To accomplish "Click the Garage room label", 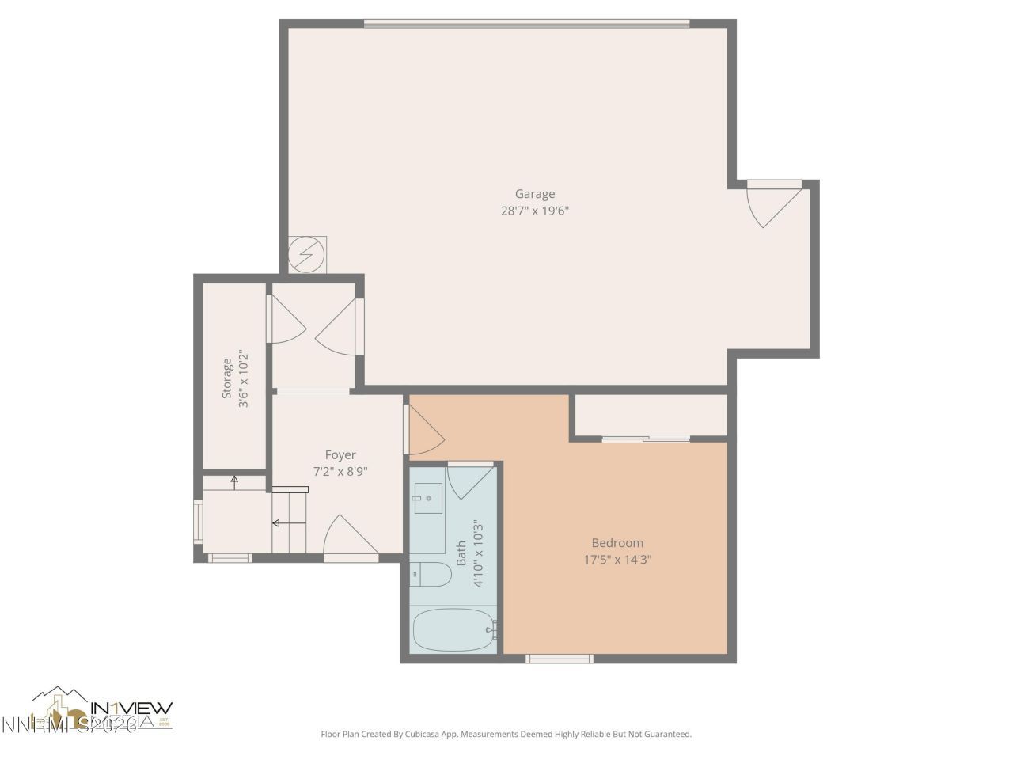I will [x=535, y=194].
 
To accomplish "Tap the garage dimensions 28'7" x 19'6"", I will [x=535, y=211].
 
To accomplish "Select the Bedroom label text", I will [x=617, y=543].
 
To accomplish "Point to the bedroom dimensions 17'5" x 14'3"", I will [x=617, y=560].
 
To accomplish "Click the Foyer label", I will [x=340, y=455].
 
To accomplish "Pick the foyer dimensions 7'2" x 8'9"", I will [x=340, y=472].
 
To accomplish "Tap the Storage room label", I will [x=227, y=378].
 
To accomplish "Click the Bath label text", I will [x=461, y=553].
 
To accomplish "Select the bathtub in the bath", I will [x=454, y=630].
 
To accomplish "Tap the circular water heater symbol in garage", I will [x=306, y=255].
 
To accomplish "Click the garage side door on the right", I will [x=776, y=203].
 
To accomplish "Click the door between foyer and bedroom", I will [x=423, y=431].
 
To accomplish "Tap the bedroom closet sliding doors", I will [x=646, y=439].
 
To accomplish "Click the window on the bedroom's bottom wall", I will [x=560, y=659].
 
